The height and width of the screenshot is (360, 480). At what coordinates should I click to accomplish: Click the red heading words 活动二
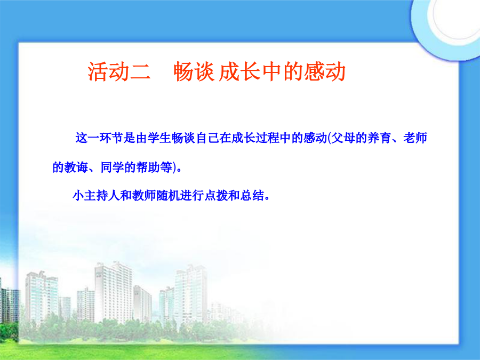coord(119,72)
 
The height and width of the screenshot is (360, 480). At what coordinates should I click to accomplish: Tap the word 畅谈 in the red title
coord(194,72)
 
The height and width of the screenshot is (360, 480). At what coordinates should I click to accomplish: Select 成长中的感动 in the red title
coord(282,72)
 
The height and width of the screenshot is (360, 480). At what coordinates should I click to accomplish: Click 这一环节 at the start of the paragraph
coord(99,138)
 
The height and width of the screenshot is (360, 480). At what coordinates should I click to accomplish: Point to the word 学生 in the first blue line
coord(159,138)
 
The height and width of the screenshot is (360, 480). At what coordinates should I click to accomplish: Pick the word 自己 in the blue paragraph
coord(207,138)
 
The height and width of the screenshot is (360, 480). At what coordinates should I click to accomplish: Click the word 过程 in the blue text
coord(267,138)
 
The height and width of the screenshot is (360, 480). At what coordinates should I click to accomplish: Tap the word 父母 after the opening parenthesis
coord(343,138)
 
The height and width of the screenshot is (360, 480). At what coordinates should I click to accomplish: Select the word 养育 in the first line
coord(379,138)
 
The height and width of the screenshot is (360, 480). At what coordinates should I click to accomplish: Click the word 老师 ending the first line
coord(415,138)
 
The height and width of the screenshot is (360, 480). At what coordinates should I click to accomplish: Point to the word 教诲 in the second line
coord(76,167)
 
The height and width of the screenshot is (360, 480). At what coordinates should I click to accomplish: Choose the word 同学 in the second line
coord(113,167)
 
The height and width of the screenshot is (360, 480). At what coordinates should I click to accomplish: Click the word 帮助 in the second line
coord(148,167)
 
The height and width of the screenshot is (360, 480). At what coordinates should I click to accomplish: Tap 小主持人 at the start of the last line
coord(97,196)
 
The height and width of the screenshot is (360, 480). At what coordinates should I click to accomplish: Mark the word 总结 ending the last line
coord(252,196)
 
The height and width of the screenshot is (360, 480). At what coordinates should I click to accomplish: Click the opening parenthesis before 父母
coord(329,138)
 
